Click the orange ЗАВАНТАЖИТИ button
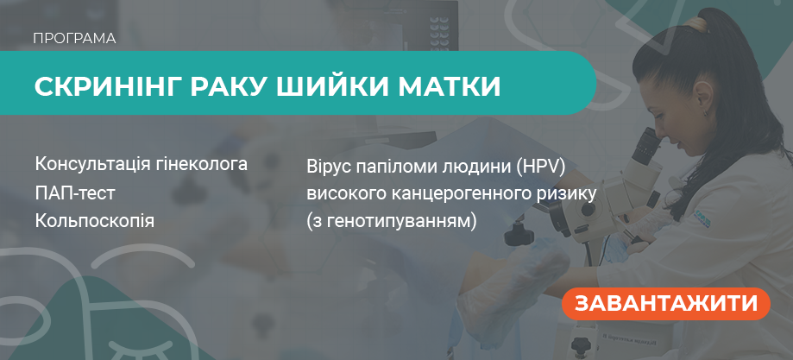(x=665, y=304)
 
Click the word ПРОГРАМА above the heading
(x=74, y=39)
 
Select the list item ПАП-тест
(x=75, y=193)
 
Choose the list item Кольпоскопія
(x=95, y=221)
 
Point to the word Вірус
(x=327, y=164)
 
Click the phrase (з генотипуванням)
(x=391, y=221)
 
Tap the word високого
(x=343, y=193)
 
